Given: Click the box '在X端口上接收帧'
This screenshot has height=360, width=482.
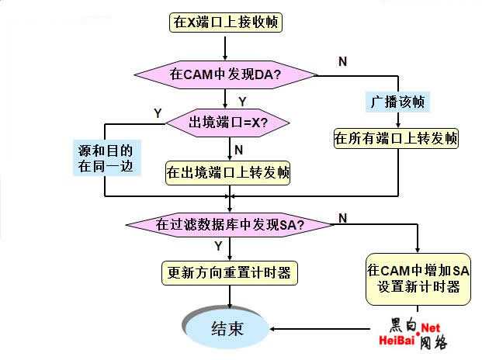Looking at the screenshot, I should [x=224, y=22].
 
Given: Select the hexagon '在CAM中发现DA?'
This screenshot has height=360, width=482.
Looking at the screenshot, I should [x=226, y=75].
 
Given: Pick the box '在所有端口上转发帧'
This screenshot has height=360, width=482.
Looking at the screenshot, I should [x=396, y=139].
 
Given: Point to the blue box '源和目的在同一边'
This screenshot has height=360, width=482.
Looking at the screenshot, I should [x=105, y=157].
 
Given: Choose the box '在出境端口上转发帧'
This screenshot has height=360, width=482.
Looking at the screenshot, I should [x=227, y=172].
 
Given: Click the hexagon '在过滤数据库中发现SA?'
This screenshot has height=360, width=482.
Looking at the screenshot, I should [x=231, y=224].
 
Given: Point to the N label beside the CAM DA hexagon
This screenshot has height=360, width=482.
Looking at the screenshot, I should [x=342, y=60].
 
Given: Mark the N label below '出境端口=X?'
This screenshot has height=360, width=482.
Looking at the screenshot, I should [x=238, y=148].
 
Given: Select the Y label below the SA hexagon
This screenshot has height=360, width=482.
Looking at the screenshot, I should [x=218, y=246].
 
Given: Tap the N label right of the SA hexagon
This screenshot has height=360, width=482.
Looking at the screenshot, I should [x=342, y=219].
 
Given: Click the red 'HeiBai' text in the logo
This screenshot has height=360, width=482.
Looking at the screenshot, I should [x=398, y=340].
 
